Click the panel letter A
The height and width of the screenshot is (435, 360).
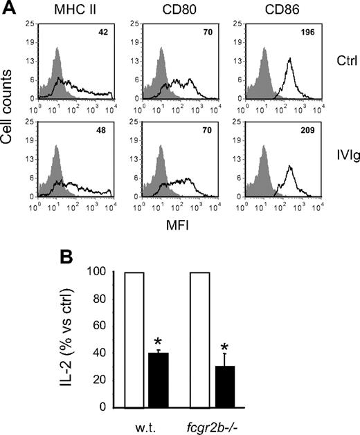click(10, 8)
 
